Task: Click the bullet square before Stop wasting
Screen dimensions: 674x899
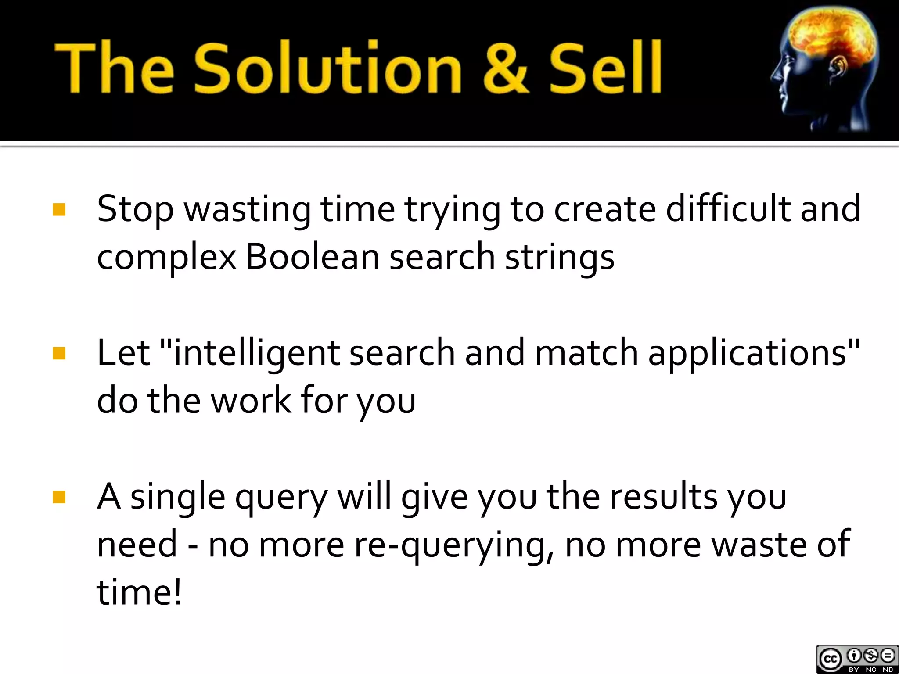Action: (x=59, y=209)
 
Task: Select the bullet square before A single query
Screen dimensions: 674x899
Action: (x=59, y=497)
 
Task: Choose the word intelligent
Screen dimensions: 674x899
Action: (x=257, y=353)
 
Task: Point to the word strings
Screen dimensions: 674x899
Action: (x=560, y=258)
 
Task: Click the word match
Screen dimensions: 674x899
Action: (x=586, y=353)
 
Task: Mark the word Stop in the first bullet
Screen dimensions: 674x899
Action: (x=135, y=210)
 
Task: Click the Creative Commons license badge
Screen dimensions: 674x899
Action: (x=857, y=659)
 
